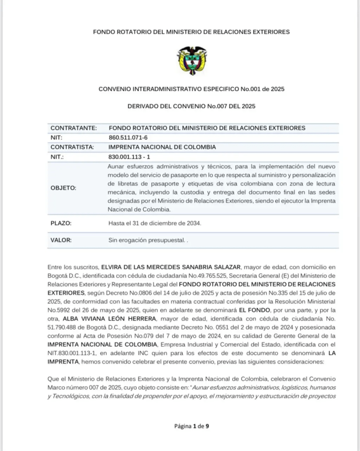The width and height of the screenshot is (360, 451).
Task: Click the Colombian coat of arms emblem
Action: (x=191, y=60)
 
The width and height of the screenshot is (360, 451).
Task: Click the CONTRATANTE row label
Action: (x=74, y=128)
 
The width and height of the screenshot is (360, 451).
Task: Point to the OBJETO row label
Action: (x=64, y=188)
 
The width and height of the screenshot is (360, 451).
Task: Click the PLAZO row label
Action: (x=61, y=224)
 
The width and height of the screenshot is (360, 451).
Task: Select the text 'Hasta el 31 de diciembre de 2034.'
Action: (x=154, y=224)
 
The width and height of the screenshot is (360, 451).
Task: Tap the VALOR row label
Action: (x=61, y=240)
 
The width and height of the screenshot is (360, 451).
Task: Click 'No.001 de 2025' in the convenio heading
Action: (x=262, y=89)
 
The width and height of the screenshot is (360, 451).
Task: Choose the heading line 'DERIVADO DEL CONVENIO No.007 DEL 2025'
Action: (x=191, y=106)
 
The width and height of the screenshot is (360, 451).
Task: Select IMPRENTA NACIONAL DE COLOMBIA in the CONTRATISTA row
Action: (x=162, y=147)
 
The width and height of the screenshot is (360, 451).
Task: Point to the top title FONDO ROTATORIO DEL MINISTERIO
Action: (x=191, y=32)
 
